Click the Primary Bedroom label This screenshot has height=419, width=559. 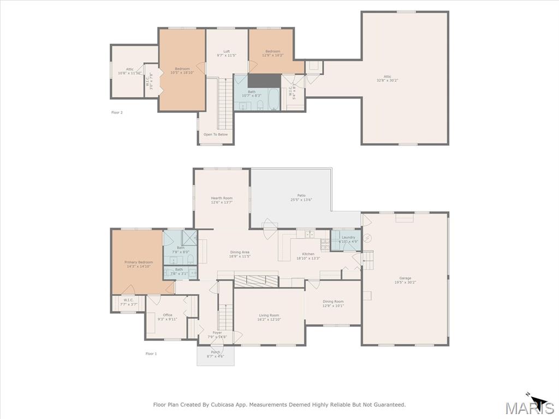[138, 262]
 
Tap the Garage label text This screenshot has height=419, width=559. [405, 278]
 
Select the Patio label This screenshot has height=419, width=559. [301, 195]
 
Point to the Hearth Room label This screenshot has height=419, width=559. [222, 198]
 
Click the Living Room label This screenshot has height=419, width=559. [269, 315]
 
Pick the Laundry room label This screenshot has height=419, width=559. [348, 237]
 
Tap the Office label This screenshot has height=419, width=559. [168, 315]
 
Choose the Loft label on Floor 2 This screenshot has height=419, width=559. [227, 52]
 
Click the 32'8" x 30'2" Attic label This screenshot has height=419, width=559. [387, 77]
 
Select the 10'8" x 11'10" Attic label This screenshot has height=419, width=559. [129, 69]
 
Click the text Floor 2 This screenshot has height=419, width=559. [117, 112]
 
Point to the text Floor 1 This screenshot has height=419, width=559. [151, 354]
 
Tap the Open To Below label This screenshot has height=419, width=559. [216, 134]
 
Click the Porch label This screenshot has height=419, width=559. [216, 352]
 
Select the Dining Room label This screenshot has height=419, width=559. [333, 302]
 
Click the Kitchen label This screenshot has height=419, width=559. [308, 254]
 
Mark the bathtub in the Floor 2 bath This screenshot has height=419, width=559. [273, 100]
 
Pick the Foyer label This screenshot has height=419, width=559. [217, 333]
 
